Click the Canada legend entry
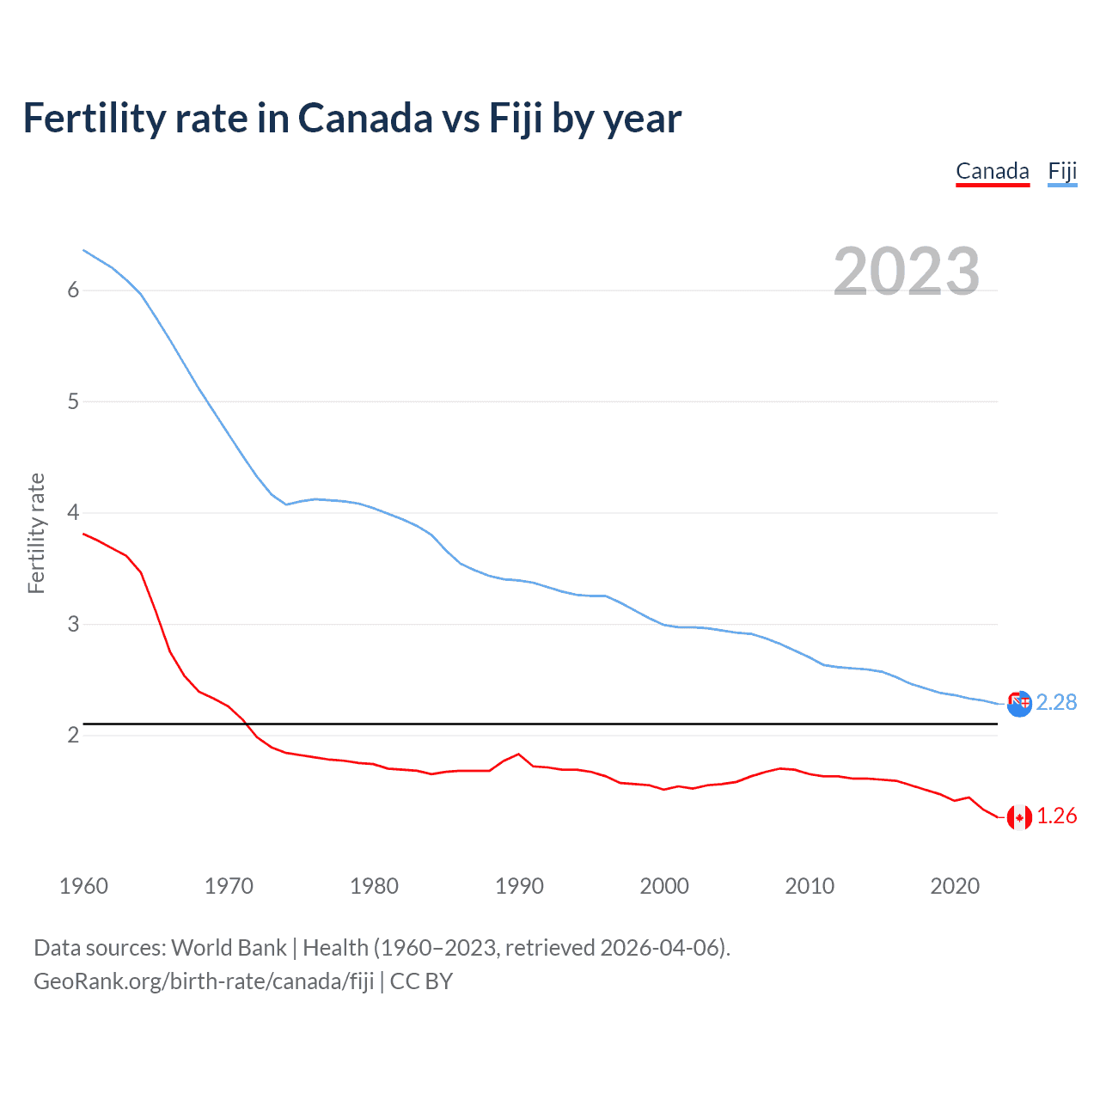pos(993,171)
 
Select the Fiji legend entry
pos(1062,171)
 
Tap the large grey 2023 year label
pos(906,272)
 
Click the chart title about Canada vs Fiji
pos(352,119)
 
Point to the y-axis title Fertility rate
pos(36,533)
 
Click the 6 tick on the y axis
pos(73,290)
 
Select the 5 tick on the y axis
pos(73,401)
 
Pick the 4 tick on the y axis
pos(73,513)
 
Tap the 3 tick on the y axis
pos(73,624)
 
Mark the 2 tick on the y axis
pos(73,736)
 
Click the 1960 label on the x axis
pos(83,886)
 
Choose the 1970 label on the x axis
pos(229,886)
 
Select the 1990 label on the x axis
pos(519,886)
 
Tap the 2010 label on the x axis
pos(810,886)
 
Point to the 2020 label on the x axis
pos(955,886)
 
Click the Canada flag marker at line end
pos(1019,817)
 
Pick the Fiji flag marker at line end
pos(1019,704)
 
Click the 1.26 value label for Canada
pos(1056,816)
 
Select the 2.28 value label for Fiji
pos(1056,703)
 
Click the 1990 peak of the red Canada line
pos(518,754)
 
